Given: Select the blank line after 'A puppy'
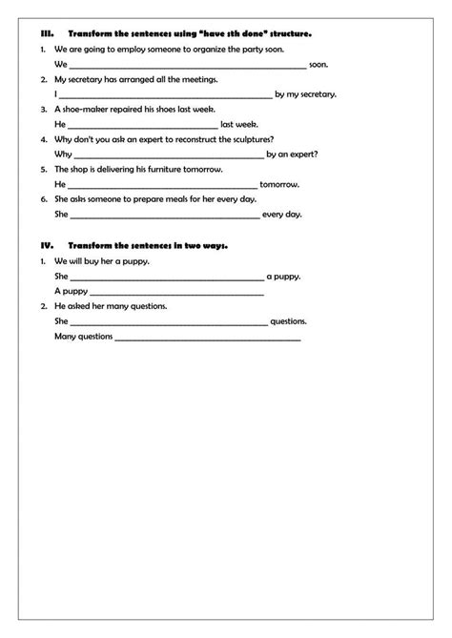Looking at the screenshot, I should (177, 291).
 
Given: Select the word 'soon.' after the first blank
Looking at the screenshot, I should (319, 64).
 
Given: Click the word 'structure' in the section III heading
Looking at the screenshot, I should (289, 32).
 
